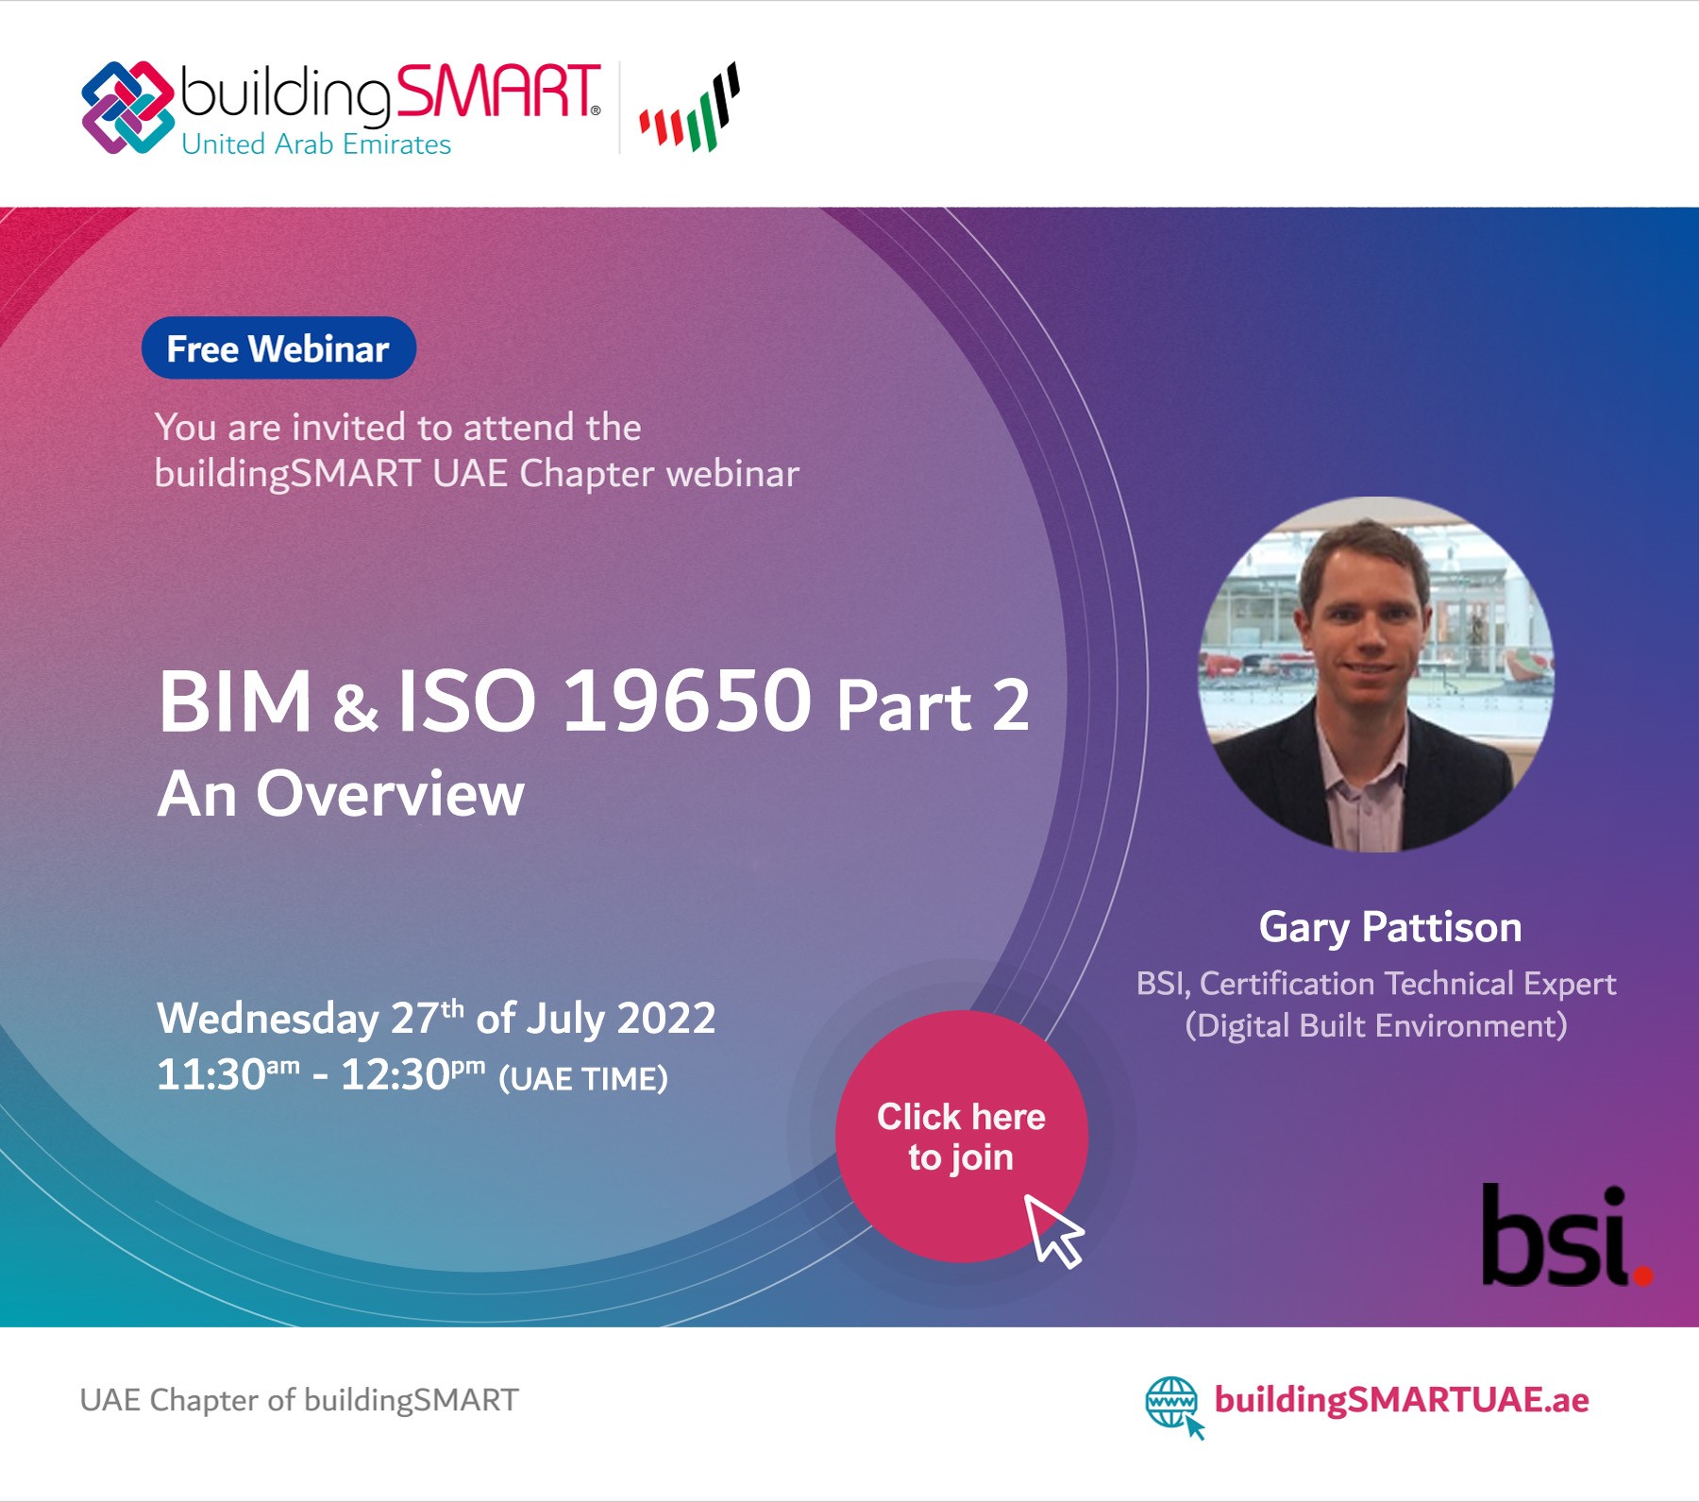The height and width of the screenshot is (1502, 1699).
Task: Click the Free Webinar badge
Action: pos(278,347)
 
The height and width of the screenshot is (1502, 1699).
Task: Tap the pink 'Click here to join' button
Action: pos(961,1136)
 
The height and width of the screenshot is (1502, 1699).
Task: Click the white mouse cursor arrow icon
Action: pos(1054,1230)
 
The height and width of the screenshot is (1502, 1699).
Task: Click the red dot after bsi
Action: pos(1643,1276)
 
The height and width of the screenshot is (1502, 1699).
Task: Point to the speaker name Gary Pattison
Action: pos(1390,927)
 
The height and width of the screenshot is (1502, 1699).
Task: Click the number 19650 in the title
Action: pos(686,700)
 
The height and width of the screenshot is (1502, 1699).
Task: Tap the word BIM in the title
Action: pos(235,701)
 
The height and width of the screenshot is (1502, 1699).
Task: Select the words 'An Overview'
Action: pos(341,794)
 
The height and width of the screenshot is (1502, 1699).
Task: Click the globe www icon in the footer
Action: pos(1173,1405)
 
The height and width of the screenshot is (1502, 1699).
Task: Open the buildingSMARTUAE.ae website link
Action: pos(1402,1399)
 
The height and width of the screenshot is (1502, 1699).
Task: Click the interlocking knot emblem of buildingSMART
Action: pos(128,108)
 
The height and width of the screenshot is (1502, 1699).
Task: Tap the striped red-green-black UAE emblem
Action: pos(689,108)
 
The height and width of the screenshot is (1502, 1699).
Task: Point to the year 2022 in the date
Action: pos(666,1019)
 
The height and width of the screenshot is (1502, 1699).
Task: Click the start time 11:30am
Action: pos(228,1074)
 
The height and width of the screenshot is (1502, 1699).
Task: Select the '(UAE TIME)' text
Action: pos(583,1078)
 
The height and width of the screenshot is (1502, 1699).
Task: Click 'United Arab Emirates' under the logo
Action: pos(316,144)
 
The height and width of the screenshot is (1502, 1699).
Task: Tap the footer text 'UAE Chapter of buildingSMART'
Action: pos(299,1399)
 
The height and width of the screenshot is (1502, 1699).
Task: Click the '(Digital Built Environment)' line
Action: pos(1376,1026)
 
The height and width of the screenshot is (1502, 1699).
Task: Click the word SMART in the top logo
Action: pos(497,92)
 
